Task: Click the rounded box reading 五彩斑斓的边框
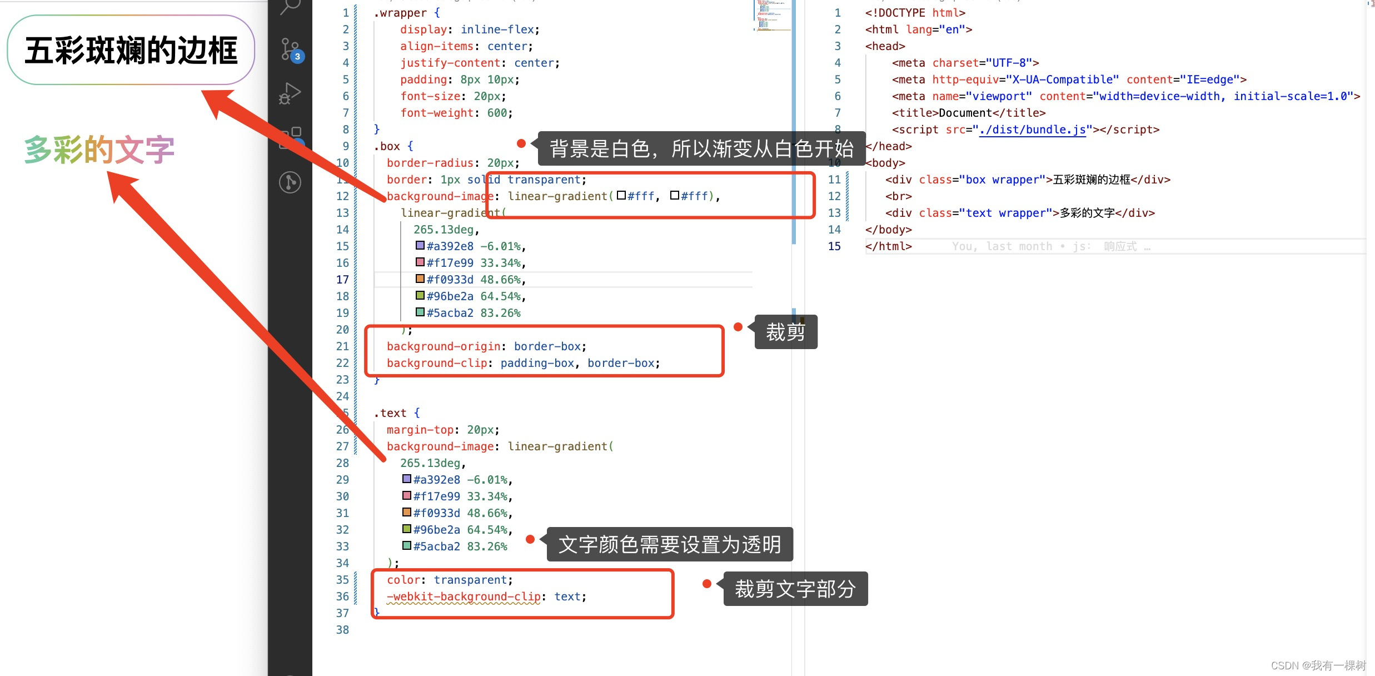pos(131,50)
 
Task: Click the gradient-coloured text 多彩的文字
pos(99,150)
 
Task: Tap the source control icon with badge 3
pos(291,49)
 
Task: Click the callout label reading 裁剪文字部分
pos(795,589)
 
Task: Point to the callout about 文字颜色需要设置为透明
pos(669,544)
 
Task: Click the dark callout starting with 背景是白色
pos(701,148)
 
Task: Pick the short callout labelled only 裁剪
pos(785,332)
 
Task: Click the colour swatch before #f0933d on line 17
pos(420,279)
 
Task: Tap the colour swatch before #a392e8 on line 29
pos(407,479)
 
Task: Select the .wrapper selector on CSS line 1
pos(400,13)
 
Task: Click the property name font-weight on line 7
pos(437,113)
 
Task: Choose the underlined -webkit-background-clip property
pos(464,597)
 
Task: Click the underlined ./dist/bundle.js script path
pos(1032,130)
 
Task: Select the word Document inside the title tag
pos(965,113)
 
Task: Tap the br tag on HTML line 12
pos(899,196)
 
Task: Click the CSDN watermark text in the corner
pos(1318,665)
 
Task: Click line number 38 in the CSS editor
pos(342,630)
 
